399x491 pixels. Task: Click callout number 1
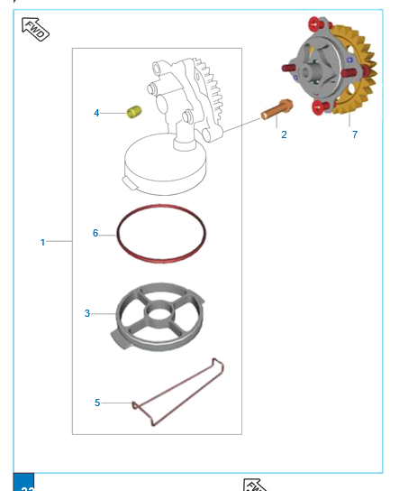pyautogui.click(x=42, y=242)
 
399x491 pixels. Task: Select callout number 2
pyautogui.click(x=284, y=134)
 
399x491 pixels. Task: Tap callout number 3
pyautogui.click(x=87, y=313)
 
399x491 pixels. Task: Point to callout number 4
pyautogui.click(x=96, y=113)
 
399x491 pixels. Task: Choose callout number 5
pyautogui.click(x=97, y=403)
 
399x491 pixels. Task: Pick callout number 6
pyautogui.click(x=95, y=233)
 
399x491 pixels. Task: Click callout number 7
pyautogui.click(x=355, y=134)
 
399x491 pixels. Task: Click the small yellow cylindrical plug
pyautogui.click(x=134, y=112)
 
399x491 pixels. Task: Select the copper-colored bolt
pyautogui.click(x=277, y=109)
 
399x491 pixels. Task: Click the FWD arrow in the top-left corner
pyautogui.click(x=35, y=29)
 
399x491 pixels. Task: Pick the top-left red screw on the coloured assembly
pyautogui.click(x=316, y=23)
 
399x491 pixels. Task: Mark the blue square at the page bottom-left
pyautogui.click(x=23, y=482)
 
